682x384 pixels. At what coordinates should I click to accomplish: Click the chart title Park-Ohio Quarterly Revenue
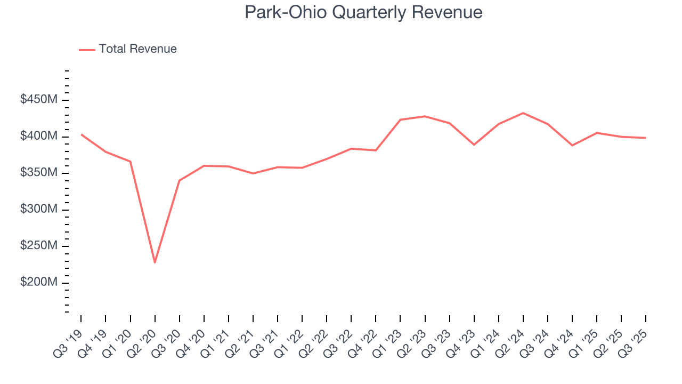[363, 12]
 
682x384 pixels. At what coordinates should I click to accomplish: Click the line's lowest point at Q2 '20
[155, 262]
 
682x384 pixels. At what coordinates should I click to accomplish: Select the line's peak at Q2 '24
[523, 113]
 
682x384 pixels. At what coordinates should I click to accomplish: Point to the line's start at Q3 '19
[81, 134]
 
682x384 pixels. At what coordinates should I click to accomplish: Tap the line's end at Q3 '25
[646, 138]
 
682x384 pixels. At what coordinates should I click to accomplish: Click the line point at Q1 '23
[400, 119]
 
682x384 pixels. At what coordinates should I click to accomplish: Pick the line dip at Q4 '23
[474, 145]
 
